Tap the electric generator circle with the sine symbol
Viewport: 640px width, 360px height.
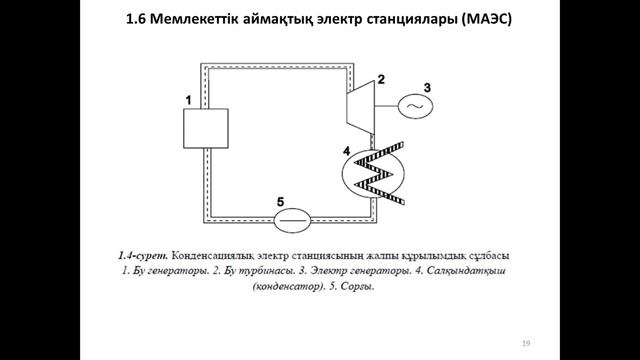412,105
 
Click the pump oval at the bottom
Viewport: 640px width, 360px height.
292,218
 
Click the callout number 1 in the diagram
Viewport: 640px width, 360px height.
188,99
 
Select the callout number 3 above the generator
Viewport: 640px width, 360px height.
427,86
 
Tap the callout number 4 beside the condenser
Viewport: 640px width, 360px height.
345,152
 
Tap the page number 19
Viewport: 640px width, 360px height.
525,344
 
